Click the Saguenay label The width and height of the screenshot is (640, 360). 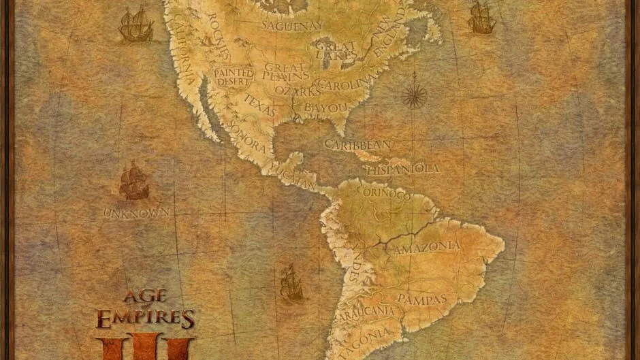[x=292, y=26]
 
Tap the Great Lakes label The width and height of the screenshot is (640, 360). [x=334, y=50]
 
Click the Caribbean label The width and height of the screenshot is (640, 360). [x=357, y=144]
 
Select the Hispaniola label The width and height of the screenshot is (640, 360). [x=402, y=168]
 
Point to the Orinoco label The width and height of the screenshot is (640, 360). [x=387, y=195]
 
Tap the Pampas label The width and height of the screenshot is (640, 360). [x=421, y=299]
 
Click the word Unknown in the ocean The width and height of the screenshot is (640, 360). [x=136, y=213]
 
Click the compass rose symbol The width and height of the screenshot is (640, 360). [x=413, y=95]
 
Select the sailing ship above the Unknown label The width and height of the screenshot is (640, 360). [x=134, y=181]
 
